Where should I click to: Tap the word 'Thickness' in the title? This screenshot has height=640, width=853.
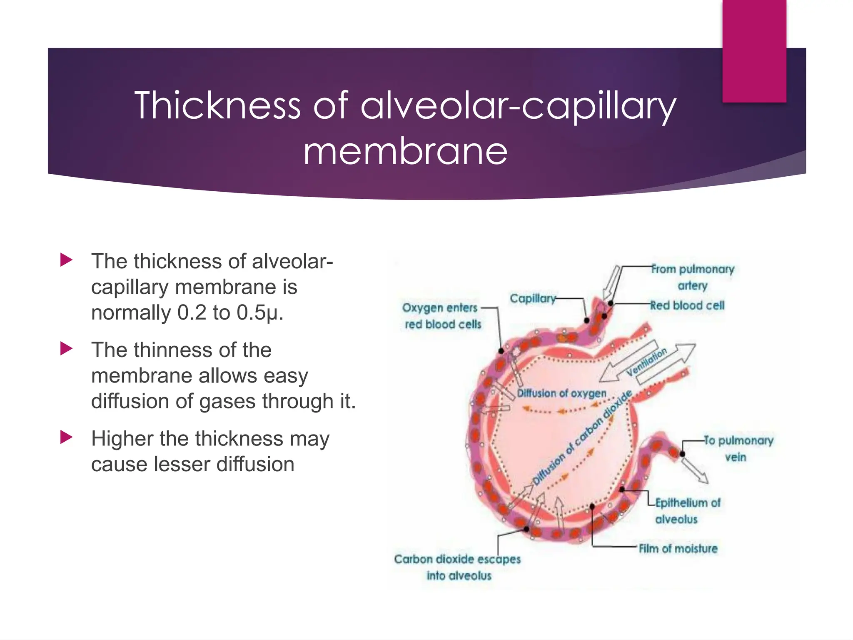tap(217, 105)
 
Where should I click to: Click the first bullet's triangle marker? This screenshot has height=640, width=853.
tap(66, 260)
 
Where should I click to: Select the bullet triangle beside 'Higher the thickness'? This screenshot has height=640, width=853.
tap(66, 437)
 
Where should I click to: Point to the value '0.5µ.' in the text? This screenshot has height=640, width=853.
tap(260, 312)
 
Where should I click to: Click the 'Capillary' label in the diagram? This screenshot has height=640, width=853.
tap(533, 298)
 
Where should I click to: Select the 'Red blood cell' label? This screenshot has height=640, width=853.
tap(687, 305)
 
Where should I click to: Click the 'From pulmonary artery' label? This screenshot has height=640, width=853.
tap(692, 277)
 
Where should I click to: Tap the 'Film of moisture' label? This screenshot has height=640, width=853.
tap(678, 548)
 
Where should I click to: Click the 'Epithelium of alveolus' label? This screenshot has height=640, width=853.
tap(687, 511)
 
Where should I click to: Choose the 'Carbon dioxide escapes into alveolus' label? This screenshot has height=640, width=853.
tap(457, 567)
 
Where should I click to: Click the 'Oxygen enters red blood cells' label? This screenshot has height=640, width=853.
tap(441, 316)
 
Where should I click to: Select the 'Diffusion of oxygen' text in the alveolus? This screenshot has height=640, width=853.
tap(561, 393)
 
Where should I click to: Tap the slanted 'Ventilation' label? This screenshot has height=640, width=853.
tap(647, 362)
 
